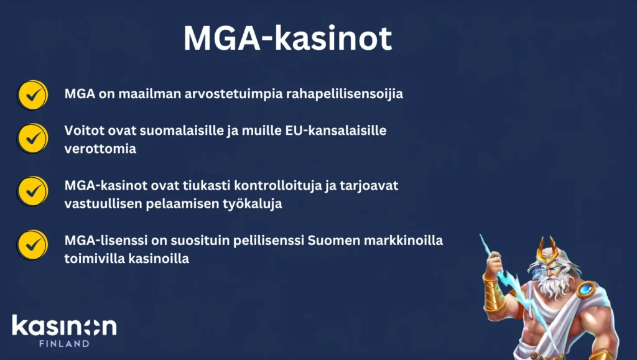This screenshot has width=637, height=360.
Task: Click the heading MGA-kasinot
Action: pos(287,38)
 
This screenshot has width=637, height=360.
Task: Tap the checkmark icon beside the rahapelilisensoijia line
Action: pos(32,95)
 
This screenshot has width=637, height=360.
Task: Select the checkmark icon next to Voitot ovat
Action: pos(32,139)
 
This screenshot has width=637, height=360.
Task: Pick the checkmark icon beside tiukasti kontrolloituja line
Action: pos(32,191)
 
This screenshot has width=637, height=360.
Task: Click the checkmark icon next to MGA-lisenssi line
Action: pos(32,245)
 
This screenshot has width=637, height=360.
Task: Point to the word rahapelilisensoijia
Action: pos(345,94)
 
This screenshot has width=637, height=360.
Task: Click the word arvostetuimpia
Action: pos(234,94)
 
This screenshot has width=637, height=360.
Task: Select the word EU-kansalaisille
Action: pos(335,131)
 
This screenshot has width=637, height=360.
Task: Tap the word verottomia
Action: pos(100,149)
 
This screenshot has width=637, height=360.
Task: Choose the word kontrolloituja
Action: pos(277,185)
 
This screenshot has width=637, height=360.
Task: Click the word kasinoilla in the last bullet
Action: pos(159,259)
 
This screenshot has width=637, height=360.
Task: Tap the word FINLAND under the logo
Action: pos(64,343)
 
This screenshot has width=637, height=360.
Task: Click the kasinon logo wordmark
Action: pos(64,326)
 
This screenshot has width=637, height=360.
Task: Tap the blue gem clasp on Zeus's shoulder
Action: pos(586,289)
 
